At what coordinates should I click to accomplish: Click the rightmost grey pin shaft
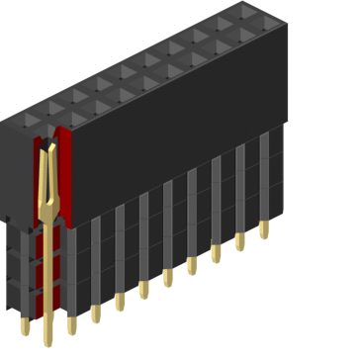(x=264, y=178)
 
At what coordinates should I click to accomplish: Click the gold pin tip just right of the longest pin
(x=71, y=322)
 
